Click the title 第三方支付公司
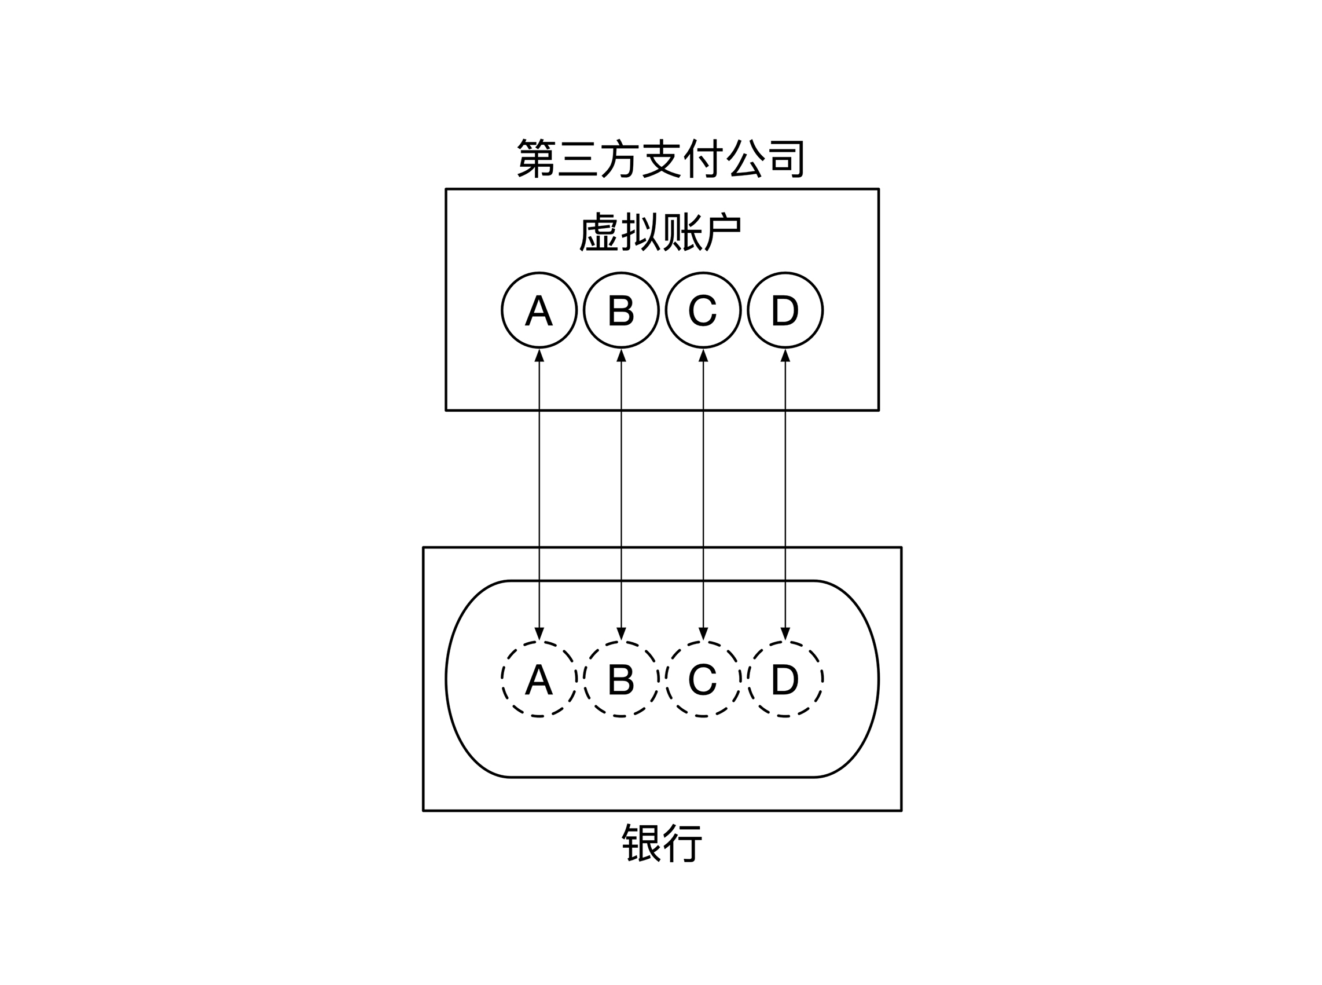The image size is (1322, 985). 660,159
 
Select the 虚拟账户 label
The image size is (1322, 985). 660,232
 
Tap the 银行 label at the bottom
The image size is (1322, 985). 662,843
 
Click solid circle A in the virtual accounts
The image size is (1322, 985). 539,310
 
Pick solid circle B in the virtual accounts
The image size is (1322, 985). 621,310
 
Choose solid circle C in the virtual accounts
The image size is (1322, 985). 703,310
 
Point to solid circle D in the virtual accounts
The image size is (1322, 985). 785,310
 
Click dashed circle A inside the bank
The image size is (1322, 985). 539,679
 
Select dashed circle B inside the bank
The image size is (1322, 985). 621,679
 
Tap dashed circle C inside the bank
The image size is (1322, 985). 703,679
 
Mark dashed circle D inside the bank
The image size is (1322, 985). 785,679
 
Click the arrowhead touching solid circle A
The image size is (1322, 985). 539,356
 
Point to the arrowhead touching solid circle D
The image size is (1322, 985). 785,356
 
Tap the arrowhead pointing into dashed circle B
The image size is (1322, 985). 621,634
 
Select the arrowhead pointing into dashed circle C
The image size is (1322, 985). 703,634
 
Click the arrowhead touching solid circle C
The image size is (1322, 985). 703,356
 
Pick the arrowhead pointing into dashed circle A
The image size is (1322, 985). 539,634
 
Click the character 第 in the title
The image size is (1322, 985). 535,159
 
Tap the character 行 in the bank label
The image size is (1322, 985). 682,843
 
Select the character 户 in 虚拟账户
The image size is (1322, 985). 722,232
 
